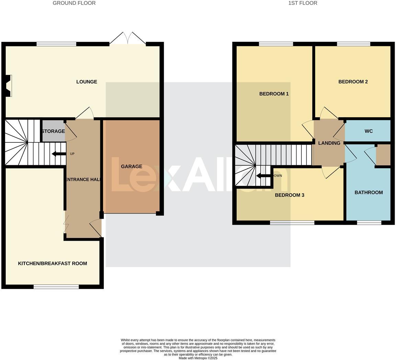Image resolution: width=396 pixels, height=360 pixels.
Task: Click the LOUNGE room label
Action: click(87, 82)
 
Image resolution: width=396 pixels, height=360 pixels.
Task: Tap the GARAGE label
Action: click(132, 167)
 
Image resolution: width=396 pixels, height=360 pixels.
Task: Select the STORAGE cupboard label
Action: click(53, 131)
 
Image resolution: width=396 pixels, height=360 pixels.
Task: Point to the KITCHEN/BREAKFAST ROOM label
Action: click(53, 263)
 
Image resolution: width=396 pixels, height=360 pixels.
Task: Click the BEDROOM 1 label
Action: click(274, 94)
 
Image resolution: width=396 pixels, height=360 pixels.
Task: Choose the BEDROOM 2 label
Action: click(353, 82)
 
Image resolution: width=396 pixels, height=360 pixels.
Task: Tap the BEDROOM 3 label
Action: click(290, 195)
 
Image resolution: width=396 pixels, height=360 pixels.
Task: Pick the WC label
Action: click(369, 131)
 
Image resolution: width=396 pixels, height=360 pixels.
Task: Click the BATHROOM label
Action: click(369, 192)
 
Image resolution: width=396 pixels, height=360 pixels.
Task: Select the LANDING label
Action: click(329, 143)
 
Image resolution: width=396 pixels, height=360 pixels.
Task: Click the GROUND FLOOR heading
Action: click(74, 3)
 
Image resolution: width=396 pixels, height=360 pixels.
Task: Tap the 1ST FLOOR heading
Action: click(303, 3)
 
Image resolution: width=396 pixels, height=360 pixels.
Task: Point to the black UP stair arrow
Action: click(59, 154)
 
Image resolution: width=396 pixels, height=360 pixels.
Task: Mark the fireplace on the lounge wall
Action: click(9, 86)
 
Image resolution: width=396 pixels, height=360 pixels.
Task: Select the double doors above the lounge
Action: click(128, 38)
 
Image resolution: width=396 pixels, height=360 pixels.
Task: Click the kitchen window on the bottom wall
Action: click(56, 286)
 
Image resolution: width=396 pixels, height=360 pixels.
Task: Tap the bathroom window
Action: click(369, 223)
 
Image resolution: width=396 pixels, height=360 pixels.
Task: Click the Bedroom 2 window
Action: click(353, 44)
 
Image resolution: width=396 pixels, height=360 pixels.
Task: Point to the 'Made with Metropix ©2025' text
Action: click(198, 358)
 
